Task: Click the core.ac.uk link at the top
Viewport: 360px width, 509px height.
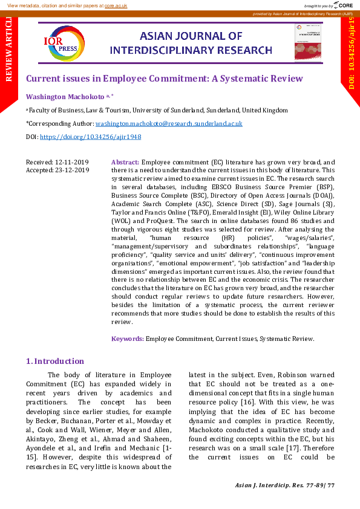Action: pyautogui.click(x=116, y=5)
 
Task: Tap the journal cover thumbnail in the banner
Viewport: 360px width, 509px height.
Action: pyautogui.click(x=308, y=42)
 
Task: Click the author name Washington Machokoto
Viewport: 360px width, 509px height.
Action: pyautogui.click(x=65, y=96)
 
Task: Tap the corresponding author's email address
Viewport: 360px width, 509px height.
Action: pyautogui.click(x=169, y=123)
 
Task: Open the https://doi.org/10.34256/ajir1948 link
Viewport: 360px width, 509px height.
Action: pyautogui.click(x=90, y=137)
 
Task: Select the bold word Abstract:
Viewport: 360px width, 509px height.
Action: pyautogui.click(x=125, y=162)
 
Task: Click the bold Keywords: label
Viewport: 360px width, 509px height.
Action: pyautogui.click(x=128, y=339)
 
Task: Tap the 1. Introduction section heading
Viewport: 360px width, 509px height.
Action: pyautogui.click(x=55, y=361)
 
